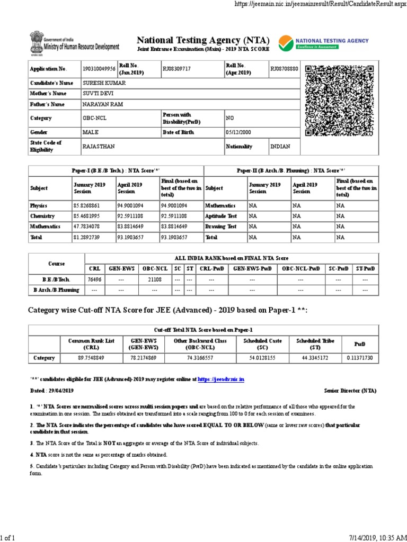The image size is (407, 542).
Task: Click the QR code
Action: click(340, 101)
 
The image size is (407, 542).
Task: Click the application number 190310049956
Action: click(99, 69)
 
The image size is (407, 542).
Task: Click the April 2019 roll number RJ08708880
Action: click(285, 69)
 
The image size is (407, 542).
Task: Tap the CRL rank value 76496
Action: click(94, 279)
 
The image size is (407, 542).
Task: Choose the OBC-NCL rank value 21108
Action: click(155, 279)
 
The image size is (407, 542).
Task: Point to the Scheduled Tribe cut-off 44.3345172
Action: click(315, 358)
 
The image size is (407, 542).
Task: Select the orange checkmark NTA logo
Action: click(285, 42)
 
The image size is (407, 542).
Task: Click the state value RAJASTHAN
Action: click(99, 146)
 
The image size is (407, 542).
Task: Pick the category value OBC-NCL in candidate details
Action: click(94, 118)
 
